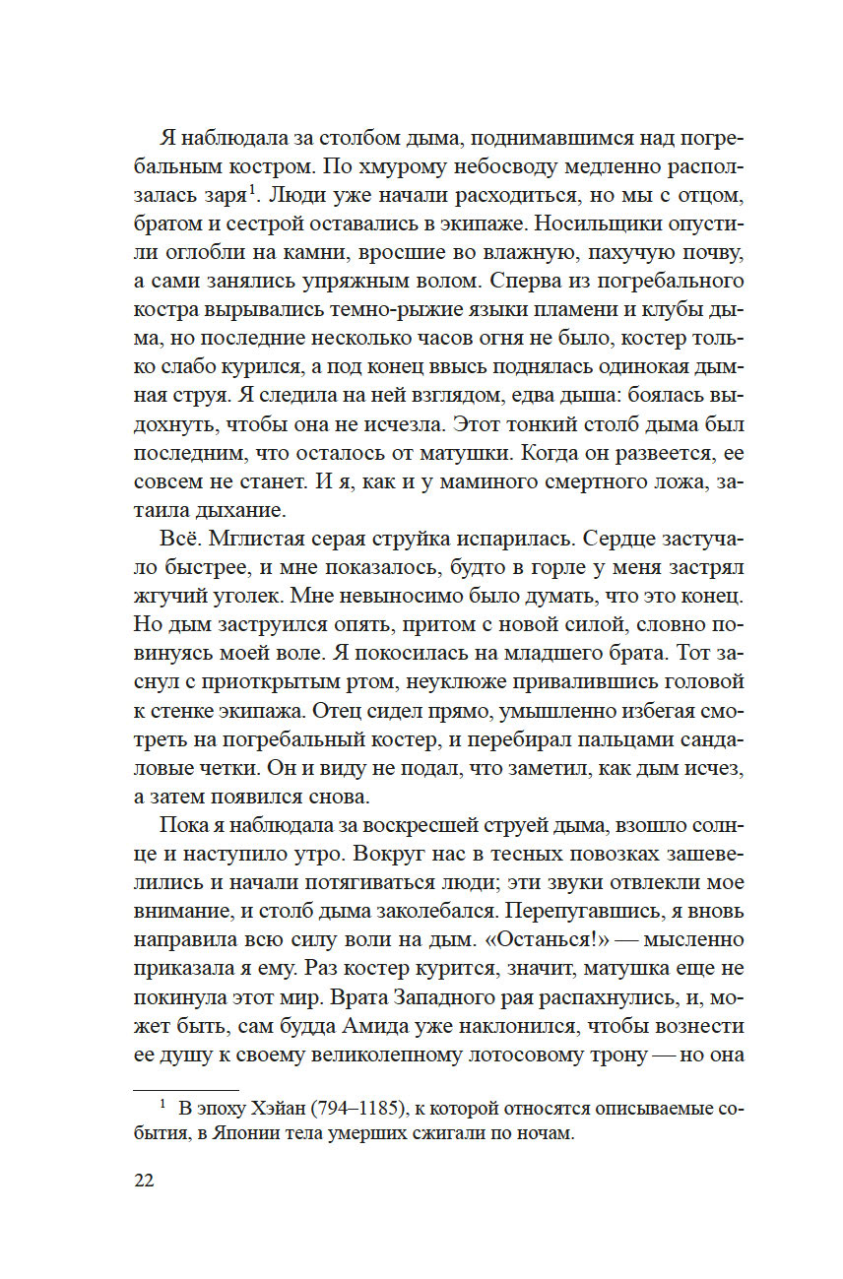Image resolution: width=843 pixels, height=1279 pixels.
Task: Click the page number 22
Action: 143,1181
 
